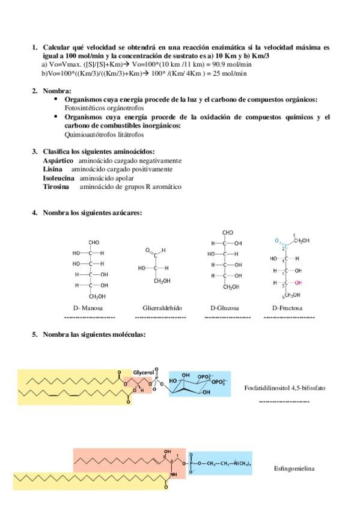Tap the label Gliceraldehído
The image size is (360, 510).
[x=159, y=308]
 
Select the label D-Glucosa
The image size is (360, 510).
[x=224, y=308]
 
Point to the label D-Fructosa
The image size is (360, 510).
[x=287, y=308]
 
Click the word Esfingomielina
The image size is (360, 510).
[x=294, y=468]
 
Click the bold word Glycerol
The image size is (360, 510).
[x=144, y=372]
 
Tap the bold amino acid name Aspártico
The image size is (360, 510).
[x=58, y=161]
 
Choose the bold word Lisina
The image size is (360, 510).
[x=52, y=170]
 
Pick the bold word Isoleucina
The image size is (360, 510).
[x=59, y=178]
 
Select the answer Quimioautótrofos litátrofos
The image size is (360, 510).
[x=100, y=135]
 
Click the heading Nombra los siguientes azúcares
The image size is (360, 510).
[x=92, y=213]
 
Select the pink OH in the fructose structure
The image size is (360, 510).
[x=299, y=282]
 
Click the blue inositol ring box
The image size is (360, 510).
[x=199, y=383]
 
